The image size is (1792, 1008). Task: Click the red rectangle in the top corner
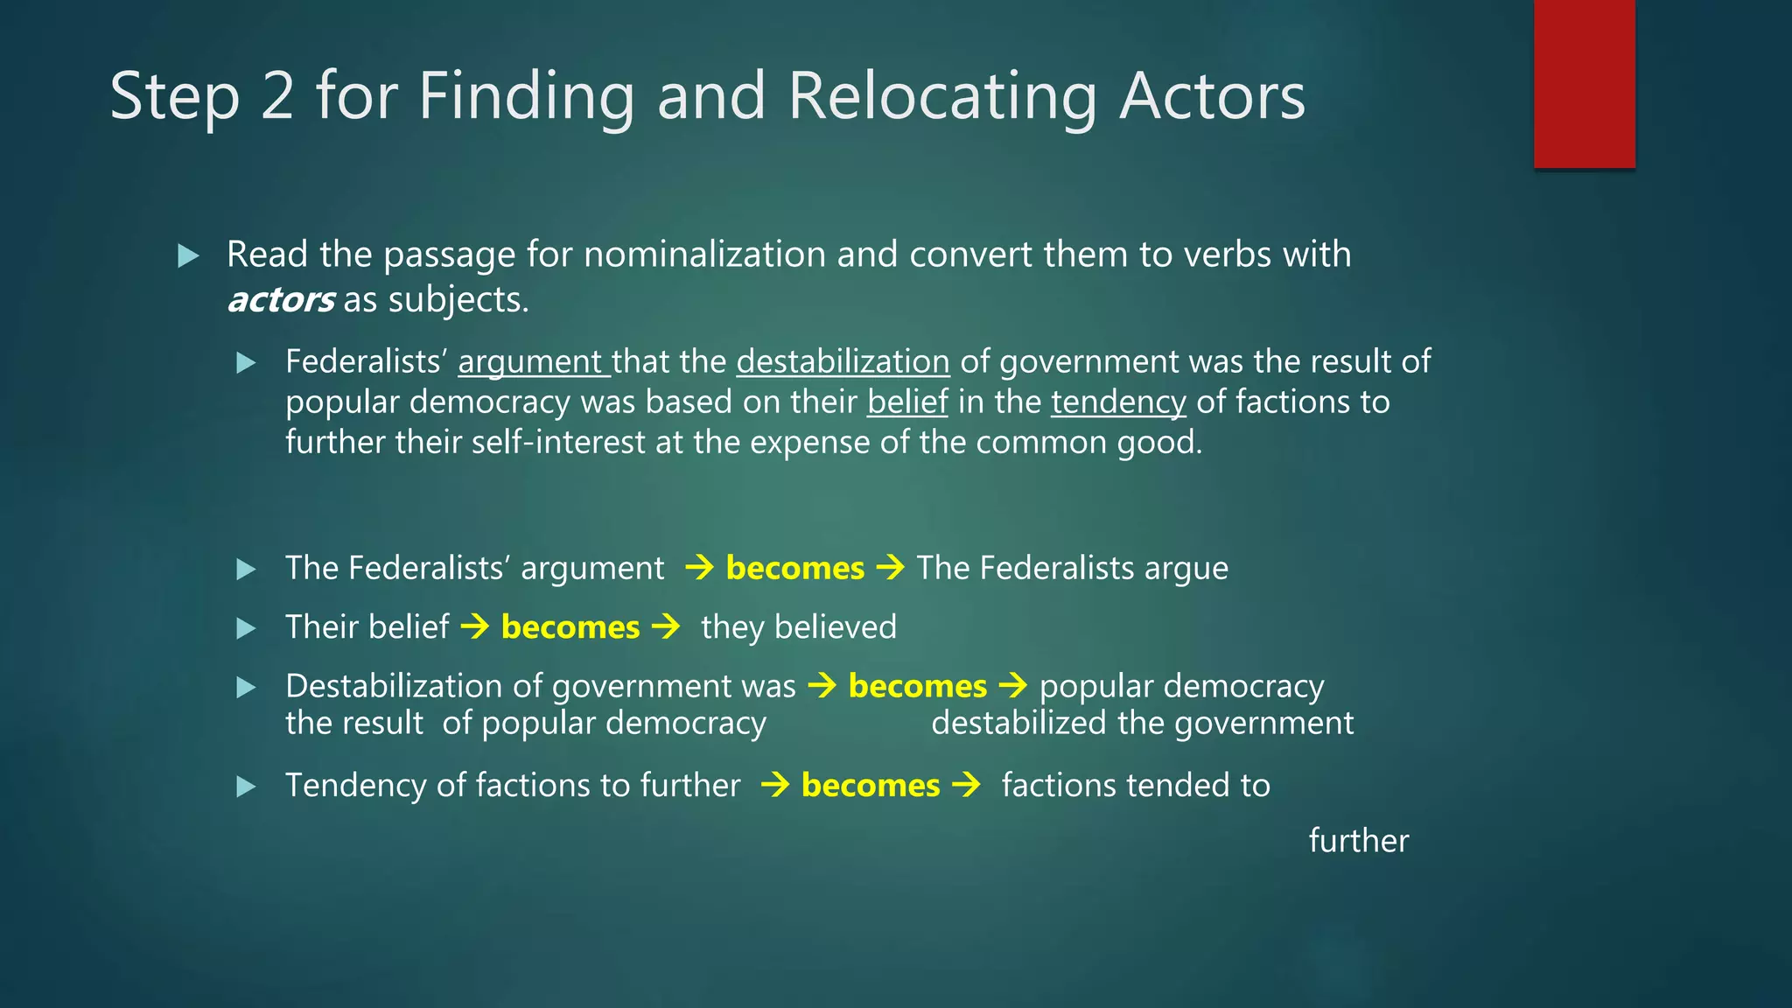coord(1584,83)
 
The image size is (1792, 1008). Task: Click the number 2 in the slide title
coord(277,96)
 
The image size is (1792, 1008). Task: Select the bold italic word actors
coord(280,300)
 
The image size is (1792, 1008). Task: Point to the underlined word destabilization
coord(843,362)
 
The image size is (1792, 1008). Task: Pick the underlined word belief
coord(907,402)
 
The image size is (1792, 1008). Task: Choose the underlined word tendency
coord(1118,402)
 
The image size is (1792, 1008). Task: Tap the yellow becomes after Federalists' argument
coord(794,569)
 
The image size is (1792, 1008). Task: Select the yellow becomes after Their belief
coord(570,628)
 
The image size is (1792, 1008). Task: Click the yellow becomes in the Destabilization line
coord(917,687)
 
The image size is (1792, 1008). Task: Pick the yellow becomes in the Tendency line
coord(870,786)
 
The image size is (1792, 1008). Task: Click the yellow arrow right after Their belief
coord(475,626)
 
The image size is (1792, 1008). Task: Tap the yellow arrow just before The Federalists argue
coord(890,568)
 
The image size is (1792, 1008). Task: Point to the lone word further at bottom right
coord(1358,841)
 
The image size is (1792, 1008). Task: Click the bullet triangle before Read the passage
coord(188,256)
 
